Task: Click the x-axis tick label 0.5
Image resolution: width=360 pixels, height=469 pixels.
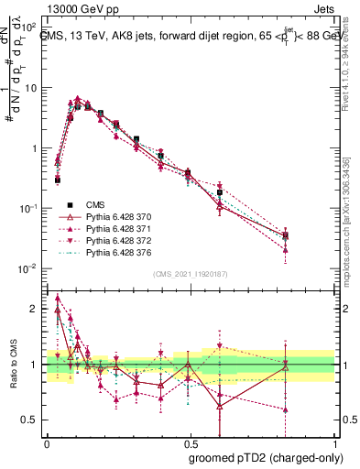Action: (x=189, y=442)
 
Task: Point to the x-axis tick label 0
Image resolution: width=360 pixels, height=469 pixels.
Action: (x=46, y=442)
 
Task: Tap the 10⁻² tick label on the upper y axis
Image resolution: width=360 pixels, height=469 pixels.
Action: (x=28, y=268)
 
